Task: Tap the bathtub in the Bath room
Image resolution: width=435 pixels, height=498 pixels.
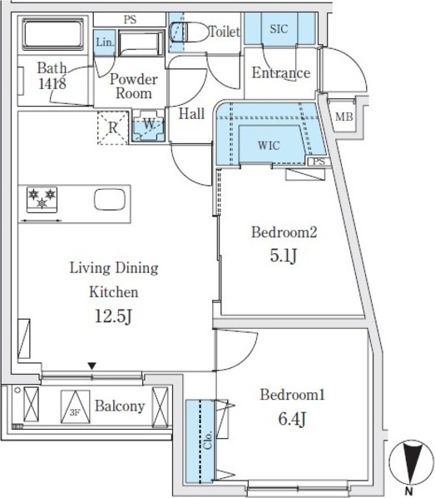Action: (53, 34)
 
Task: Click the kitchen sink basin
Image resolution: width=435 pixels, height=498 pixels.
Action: (110, 200)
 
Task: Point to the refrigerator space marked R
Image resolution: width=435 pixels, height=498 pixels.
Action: (113, 127)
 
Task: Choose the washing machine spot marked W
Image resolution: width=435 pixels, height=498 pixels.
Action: (148, 126)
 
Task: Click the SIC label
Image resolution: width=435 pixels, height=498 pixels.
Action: (279, 29)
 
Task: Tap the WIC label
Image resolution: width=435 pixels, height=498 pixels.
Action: (269, 146)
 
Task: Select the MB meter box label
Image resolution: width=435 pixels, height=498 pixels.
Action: (344, 117)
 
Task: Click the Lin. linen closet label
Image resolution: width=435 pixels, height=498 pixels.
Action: (105, 42)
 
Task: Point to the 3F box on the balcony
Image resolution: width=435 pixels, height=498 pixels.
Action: (75, 407)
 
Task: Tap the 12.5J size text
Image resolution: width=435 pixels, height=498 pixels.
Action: (113, 316)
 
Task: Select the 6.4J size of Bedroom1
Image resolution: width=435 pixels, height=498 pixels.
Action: (292, 419)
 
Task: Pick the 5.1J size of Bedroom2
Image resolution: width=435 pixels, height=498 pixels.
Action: (284, 256)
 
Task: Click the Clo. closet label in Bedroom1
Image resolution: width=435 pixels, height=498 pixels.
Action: (208, 440)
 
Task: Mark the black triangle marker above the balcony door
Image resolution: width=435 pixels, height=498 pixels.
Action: (92, 366)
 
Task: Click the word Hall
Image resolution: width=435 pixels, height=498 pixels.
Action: (191, 114)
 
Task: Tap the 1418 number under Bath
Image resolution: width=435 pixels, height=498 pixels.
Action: (52, 83)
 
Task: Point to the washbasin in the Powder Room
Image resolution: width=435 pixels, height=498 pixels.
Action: (141, 43)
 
